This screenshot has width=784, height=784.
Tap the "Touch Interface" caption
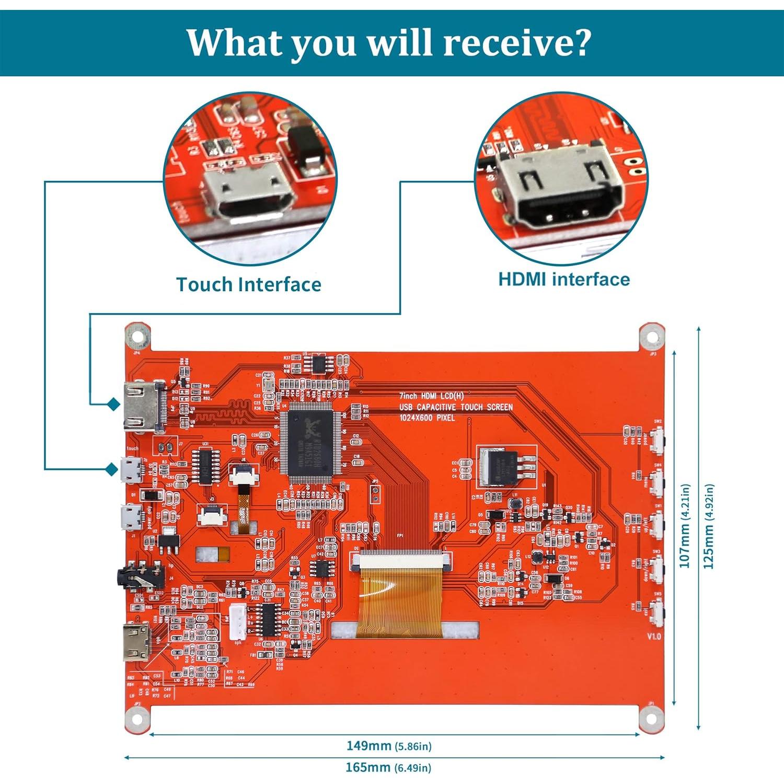point(249,285)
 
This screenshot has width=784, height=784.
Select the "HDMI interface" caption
point(564,280)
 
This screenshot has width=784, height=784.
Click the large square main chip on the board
point(311,442)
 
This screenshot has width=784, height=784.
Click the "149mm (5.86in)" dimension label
point(389,746)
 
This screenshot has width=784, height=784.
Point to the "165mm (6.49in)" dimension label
point(388,767)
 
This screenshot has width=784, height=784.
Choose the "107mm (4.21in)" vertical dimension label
point(685,525)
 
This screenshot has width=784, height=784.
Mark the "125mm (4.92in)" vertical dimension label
point(709,525)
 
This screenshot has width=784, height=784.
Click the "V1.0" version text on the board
point(654,636)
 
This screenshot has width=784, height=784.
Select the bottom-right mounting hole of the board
point(651,719)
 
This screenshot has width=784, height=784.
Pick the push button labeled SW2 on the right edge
point(657,436)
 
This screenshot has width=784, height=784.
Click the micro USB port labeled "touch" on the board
point(132,469)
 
